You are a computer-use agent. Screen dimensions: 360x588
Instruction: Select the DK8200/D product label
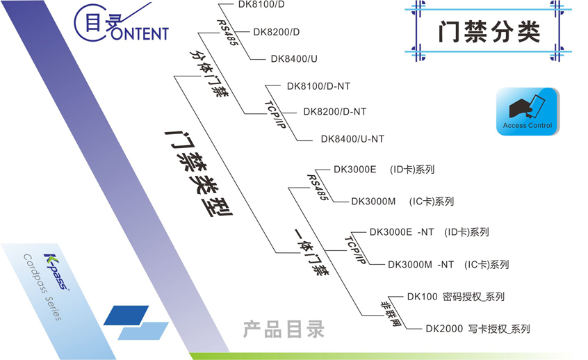tap(276, 32)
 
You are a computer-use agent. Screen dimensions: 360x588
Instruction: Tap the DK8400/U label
tap(294, 59)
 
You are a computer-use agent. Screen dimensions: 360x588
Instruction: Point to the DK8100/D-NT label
tap(318, 87)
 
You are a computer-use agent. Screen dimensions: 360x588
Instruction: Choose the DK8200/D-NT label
tap(335, 112)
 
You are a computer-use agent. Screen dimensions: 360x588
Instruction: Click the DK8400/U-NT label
tap(352, 139)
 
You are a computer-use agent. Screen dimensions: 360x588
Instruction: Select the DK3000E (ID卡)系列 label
tap(384, 170)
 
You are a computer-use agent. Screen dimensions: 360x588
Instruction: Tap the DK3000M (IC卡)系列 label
tap(402, 202)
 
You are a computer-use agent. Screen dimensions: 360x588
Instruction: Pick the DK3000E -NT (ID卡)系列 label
tap(429, 233)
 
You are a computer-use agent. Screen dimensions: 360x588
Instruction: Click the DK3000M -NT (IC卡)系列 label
tap(448, 265)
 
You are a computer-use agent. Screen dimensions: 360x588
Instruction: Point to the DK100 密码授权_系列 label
tap(455, 297)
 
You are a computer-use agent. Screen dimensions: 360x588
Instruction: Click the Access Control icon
tap(527, 111)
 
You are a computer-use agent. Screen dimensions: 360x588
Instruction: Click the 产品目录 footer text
tap(284, 329)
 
